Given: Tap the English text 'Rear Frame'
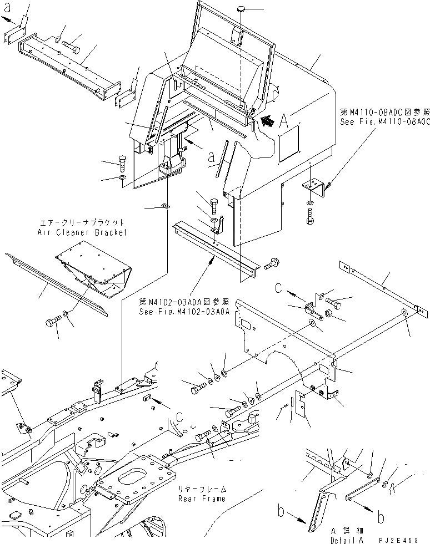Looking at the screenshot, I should point(202,499).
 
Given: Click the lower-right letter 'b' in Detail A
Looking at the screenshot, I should point(381,517).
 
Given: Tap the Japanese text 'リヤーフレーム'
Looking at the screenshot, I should point(202,490).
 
